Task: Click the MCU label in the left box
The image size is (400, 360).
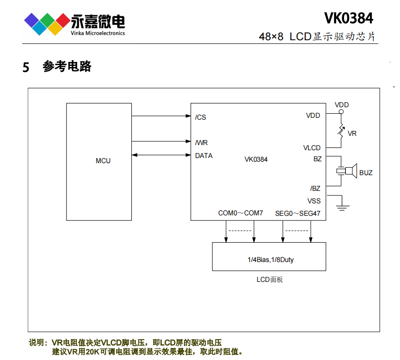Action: tap(103, 161)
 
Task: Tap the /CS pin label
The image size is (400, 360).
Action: tap(201, 117)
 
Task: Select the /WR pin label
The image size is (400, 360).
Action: tap(201, 143)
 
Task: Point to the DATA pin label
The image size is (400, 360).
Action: tap(204, 156)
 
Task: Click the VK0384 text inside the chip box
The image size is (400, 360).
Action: tap(256, 159)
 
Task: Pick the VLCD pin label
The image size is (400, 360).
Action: tap(312, 148)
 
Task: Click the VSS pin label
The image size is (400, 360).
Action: tap(314, 201)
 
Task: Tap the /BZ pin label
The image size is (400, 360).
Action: tap(315, 189)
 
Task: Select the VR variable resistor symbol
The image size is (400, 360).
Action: tap(341, 131)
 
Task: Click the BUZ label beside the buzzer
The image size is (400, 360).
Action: tap(366, 173)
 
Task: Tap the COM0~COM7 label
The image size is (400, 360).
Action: tap(240, 214)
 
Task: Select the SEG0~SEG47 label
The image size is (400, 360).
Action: tap(297, 214)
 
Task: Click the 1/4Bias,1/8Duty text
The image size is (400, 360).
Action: tap(270, 260)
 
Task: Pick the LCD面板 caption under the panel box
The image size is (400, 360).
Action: tap(270, 280)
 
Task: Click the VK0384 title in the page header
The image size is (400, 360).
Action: tap(348, 18)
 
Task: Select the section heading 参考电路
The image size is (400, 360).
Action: tap(67, 67)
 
